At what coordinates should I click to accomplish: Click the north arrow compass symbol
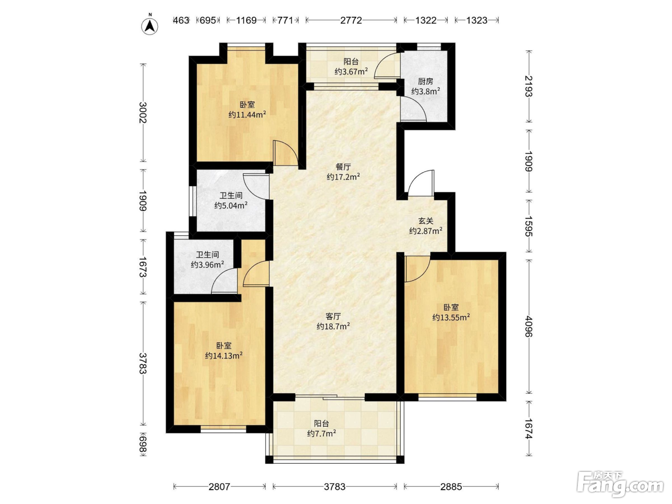point(149,25)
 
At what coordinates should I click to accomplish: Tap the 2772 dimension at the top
point(351,20)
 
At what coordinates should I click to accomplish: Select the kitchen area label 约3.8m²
point(426,91)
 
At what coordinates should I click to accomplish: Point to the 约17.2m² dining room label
point(343,177)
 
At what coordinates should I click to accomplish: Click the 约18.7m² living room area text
point(333,326)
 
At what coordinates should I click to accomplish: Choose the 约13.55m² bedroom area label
point(451,317)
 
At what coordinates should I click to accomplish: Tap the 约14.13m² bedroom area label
point(224,356)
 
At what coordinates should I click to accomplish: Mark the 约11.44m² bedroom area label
point(247,115)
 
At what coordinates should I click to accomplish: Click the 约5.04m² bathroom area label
point(231,205)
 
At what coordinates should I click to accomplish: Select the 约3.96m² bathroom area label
point(207,264)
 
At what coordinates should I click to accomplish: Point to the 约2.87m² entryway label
point(426,231)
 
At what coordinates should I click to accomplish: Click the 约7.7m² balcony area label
point(322,433)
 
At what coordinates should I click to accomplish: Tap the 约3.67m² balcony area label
point(351,72)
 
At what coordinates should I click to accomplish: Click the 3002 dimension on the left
point(143,113)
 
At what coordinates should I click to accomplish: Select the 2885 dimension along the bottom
point(451,487)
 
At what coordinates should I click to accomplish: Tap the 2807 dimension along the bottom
point(219,487)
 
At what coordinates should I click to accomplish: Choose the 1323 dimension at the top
point(477,20)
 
